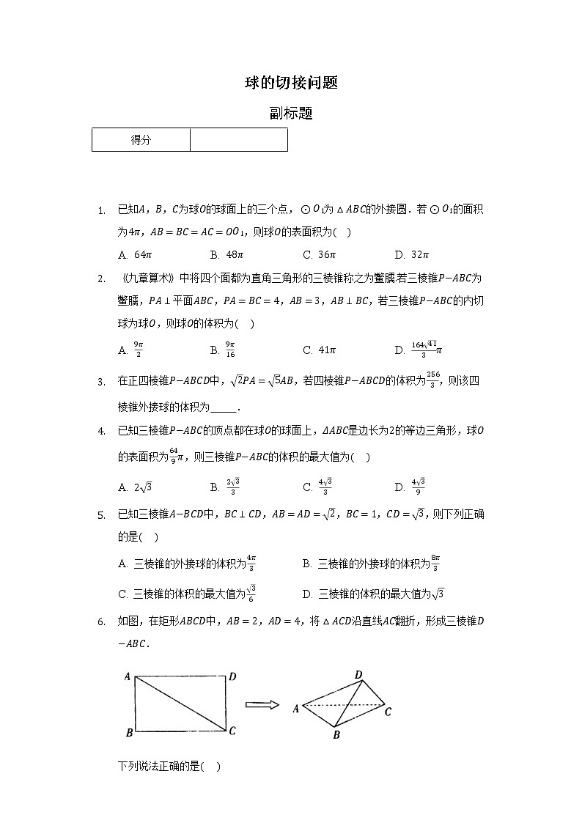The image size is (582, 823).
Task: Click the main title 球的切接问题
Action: tap(291, 83)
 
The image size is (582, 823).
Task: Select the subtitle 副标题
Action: tap(291, 114)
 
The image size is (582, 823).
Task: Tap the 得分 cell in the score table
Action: tap(141, 140)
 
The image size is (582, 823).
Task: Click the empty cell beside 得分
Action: tap(238, 140)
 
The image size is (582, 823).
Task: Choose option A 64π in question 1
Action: tap(135, 255)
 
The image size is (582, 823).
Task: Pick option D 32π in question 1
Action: tap(411, 255)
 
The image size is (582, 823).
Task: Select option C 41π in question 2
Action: tap(319, 350)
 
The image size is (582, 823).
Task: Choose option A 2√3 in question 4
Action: tap(135, 487)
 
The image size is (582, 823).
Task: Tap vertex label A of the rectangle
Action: tap(127, 677)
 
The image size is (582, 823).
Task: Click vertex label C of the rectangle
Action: tap(232, 730)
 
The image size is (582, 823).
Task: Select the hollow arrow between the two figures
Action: tap(262, 705)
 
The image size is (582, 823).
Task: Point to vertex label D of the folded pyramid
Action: tap(358, 674)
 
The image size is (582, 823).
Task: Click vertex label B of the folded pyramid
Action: tap(336, 734)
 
